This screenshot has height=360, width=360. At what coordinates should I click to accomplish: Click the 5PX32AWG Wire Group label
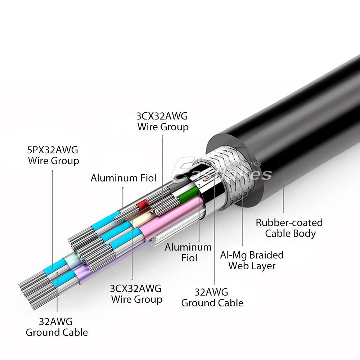[x=54, y=154]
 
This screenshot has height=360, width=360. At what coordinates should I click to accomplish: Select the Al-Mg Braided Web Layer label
[x=252, y=260]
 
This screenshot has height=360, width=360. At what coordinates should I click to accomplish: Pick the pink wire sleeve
[x=173, y=223]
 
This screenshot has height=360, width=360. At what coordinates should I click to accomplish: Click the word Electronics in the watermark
[x=243, y=163]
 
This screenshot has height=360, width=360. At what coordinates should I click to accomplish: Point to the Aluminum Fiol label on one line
[x=123, y=177]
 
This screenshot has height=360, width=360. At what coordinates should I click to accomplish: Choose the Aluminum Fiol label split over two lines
[x=188, y=252]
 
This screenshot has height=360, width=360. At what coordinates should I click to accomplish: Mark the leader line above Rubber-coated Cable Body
[x=283, y=194]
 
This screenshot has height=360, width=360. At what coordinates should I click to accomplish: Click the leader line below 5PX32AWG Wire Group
[x=53, y=216]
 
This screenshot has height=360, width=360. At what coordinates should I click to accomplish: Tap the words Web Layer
[x=252, y=266]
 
